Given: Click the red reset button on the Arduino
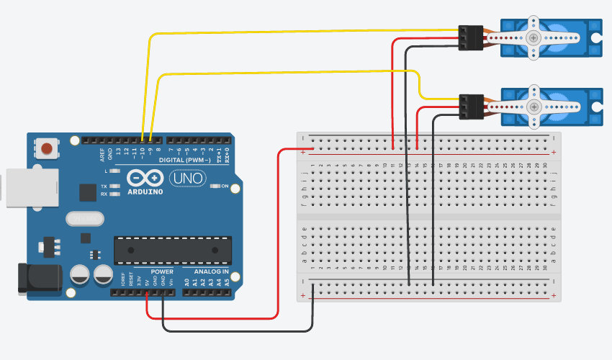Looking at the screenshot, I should pyautogui.click(x=47, y=149).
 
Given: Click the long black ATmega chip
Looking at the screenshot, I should pyautogui.click(x=173, y=249).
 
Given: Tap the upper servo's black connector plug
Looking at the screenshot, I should pyautogui.click(x=469, y=38).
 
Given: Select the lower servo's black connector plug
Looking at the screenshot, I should pyautogui.click(x=469, y=107).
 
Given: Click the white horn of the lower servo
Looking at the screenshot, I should pyautogui.click(x=533, y=106).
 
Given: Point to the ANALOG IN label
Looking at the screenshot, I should pyautogui.click(x=211, y=271).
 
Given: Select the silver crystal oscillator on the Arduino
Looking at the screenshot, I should pyautogui.click(x=84, y=219).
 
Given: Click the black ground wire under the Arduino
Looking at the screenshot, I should pyautogui.click(x=238, y=330).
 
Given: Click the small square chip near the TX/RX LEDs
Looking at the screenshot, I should pyautogui.click(x=88, y=192).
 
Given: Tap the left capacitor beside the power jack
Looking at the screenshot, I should pyautogui.click(x=80, y=274).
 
